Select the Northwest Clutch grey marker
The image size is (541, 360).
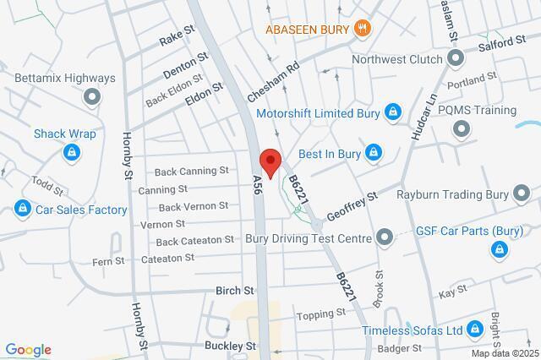point(456,57)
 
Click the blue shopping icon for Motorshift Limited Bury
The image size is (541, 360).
point(392,111)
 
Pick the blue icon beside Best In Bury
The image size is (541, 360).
point(374,153)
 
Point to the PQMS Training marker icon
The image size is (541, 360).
point(462,129)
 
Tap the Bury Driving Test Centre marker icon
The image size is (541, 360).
point(385,237)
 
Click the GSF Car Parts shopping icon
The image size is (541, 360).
point(500,249)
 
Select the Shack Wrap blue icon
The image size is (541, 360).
point(72,152)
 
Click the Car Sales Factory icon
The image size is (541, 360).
point(23,209)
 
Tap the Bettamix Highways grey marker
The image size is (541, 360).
point(90,98)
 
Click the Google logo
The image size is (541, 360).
point(28,350)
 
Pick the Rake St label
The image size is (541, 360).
point(178,40)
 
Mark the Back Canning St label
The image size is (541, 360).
point(194,171)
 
